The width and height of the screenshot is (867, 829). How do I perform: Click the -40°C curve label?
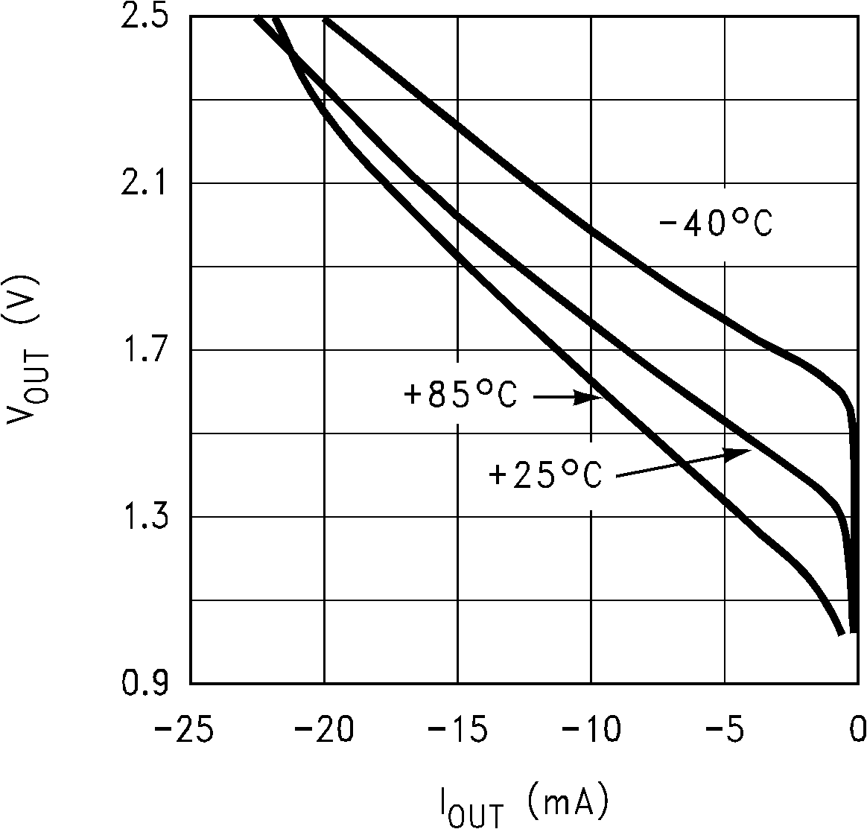click(715, 224)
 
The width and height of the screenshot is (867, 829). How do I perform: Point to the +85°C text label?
click(460, 396)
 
